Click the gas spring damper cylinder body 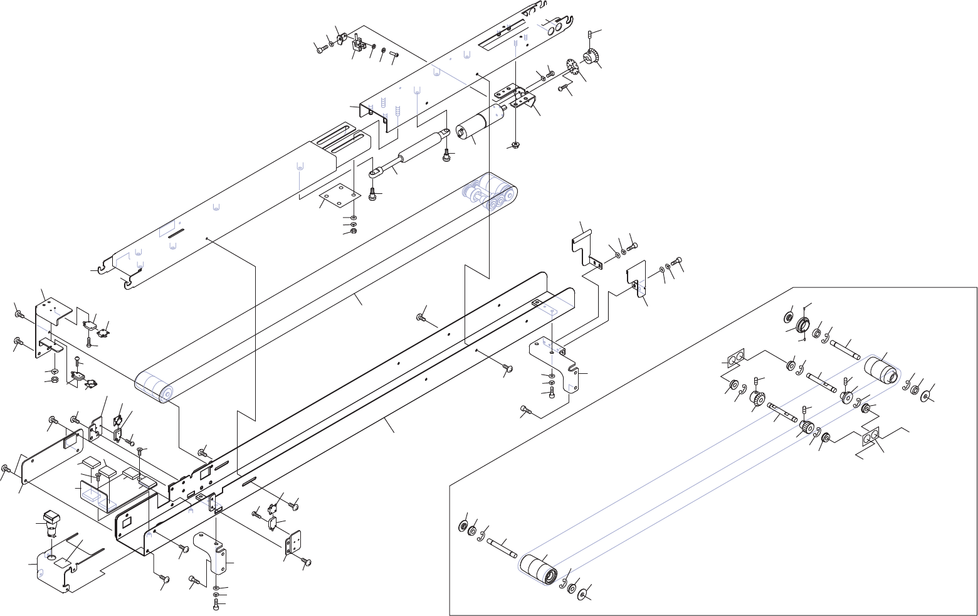pos(418,149)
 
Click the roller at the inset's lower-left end pos(538,569)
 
